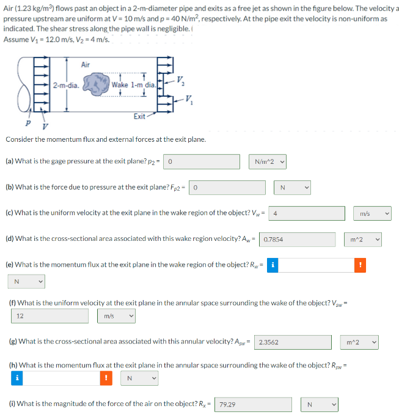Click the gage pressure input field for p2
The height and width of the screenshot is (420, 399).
[202, 161]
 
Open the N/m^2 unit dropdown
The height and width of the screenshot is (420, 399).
[269, 161]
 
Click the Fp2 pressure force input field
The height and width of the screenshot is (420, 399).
[227, 188]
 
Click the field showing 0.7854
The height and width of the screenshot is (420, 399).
[298, 240]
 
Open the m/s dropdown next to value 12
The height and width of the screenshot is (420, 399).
[117, 316]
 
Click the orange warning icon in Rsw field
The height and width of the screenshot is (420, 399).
[108, 378]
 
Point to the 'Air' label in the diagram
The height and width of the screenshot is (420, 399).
[86, 65]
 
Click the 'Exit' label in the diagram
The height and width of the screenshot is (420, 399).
[140, 116]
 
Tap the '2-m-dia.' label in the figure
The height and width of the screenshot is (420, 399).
[65, 85]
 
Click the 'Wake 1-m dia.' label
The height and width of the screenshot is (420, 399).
[132, 85]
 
